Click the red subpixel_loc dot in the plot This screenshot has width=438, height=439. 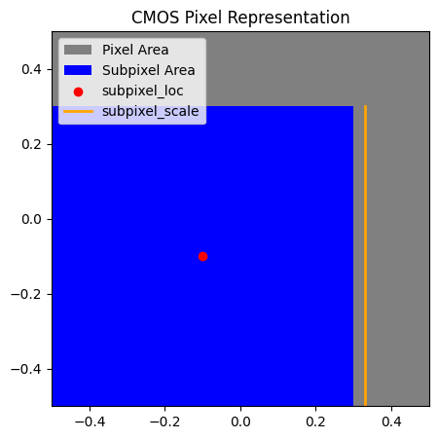202,257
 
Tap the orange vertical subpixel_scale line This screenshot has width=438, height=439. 365,255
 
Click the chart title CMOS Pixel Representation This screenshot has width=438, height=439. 240,18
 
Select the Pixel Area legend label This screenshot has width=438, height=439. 135,50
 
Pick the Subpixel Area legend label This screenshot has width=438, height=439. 149,70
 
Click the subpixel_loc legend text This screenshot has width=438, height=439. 143,91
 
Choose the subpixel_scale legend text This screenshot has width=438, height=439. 151,111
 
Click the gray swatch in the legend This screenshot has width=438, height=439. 78,50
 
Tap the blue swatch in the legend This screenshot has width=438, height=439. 78,70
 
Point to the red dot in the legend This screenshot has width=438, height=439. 78,92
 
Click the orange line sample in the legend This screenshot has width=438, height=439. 78,112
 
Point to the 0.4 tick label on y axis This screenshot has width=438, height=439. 31,69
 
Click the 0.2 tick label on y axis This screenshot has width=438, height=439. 31,144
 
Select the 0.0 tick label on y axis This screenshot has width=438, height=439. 31,219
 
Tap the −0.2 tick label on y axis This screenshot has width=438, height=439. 26,294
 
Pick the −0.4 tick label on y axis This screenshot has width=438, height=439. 26,369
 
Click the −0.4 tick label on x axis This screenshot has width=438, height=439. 90,421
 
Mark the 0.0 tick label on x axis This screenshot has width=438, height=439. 240,421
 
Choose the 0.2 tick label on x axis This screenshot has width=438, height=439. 315,421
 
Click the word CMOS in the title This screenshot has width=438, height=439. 156,18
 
